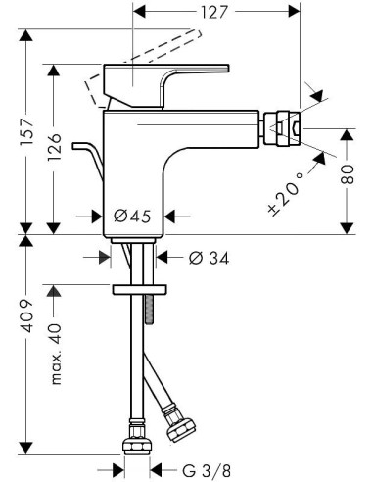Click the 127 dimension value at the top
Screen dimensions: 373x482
[x=213, y=12]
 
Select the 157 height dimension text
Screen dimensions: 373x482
[x=26, y=132]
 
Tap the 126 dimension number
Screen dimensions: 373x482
[x=54, y=147]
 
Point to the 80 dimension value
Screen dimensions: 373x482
[x=348, y=174]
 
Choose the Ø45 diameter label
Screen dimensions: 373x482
[x=132, y=216]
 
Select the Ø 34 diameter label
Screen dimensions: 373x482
[x=209, y=258]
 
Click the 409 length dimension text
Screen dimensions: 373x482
[x=26, y=315]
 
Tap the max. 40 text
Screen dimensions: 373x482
[x=56, y=355]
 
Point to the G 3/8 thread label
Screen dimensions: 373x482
[x=207, y=471]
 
